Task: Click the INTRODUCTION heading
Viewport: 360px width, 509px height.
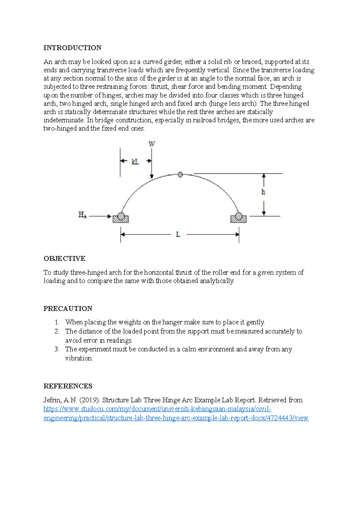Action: (x=72, y=48)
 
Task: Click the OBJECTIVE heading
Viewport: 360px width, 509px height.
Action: (x=64, y=258)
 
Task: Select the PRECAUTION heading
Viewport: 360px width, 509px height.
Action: (x=68, y=308)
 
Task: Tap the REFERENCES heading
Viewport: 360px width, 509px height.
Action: (x=68, y=386)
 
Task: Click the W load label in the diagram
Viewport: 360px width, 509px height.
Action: (x=152, y=144)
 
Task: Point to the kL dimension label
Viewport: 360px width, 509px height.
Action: (x=135, y=162)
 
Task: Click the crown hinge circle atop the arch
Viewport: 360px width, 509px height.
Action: (x=180, y=174)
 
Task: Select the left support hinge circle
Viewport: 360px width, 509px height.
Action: (x=121, y=216)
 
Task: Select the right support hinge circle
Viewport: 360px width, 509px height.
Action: (x=239, y=216)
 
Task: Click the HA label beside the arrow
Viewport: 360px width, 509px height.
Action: (x=82, y=215)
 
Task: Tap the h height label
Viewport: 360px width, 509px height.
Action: (x=263, y=192)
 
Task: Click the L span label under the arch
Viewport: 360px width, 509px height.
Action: (x=178, y=234)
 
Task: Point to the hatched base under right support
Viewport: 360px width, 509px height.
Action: (x=238, y=220)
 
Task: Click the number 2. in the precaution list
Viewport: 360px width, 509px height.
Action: (x=57, y=331)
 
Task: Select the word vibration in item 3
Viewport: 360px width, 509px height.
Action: (x=79, y=358)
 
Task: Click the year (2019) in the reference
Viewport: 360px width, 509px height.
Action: (x=90, y=400)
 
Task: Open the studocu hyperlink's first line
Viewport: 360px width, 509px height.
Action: (x=157, y=409)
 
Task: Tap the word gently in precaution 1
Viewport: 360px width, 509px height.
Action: (x=255, y=322)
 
